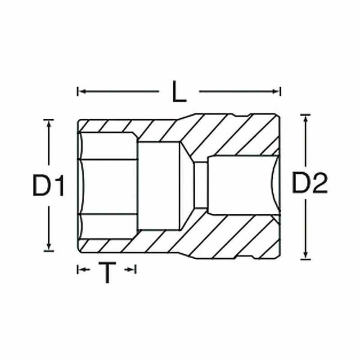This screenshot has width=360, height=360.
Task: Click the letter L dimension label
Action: point(179,92)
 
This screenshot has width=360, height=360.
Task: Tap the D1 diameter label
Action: point(48,185)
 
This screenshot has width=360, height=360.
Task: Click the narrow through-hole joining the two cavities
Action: point(200,185)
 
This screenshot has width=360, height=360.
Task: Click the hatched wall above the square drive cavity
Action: point(238,135)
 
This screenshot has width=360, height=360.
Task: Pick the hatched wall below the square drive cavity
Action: point(238,236)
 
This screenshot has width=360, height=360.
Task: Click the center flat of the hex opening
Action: point(110,185)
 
